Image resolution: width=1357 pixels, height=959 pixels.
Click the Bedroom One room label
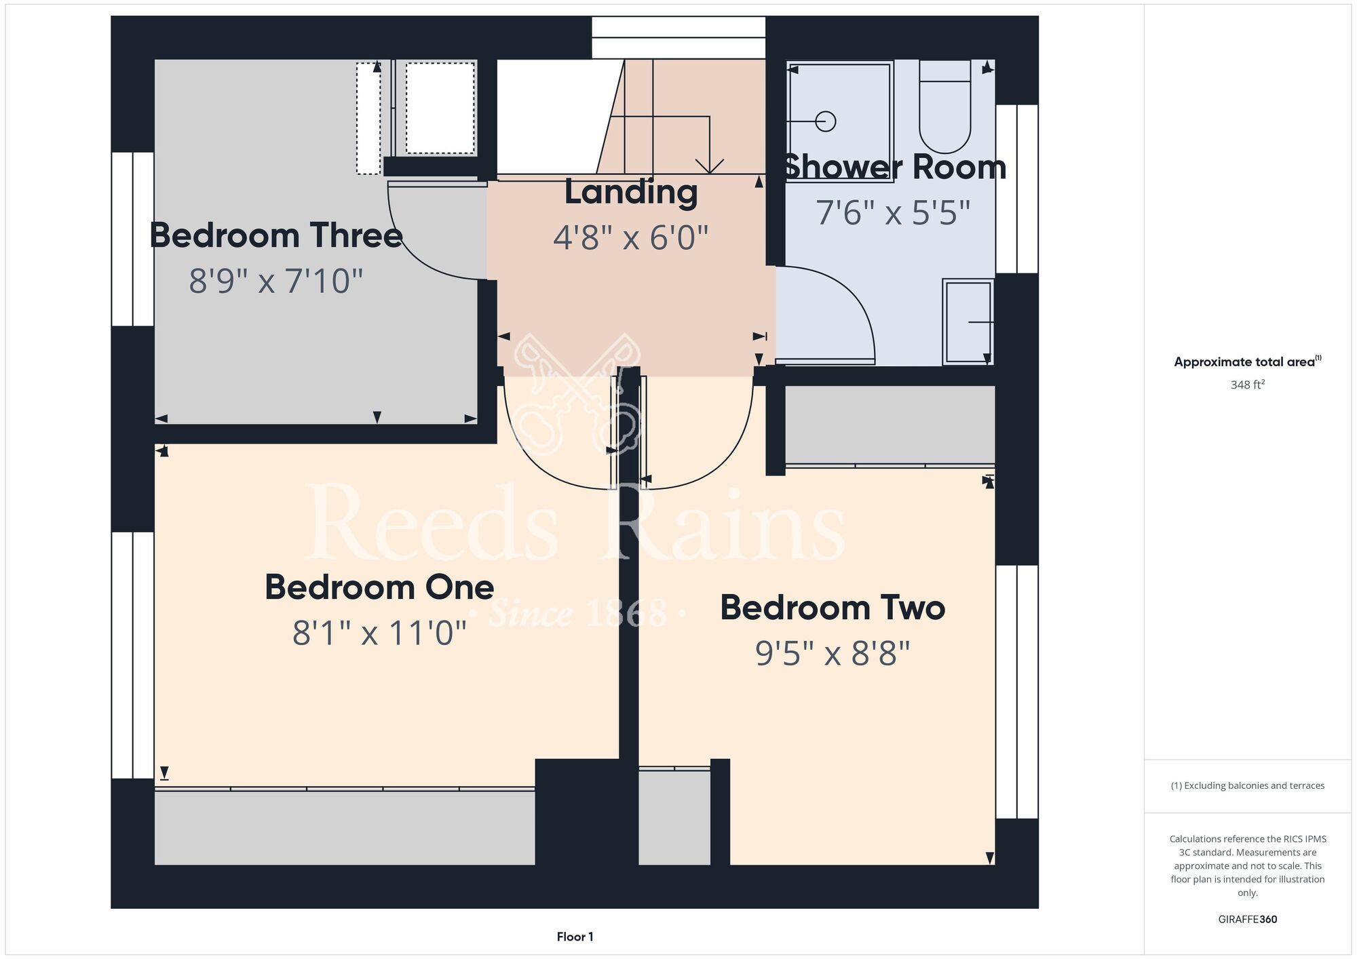pyautogui.click(x=379, y=587)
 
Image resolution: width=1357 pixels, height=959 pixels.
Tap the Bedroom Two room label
pyautogui.click(x=833, y=608)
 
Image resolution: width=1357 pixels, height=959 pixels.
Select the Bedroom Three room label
pyautogui.click(x=276, y=235)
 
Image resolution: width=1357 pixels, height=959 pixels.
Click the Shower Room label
pyautogui.click(x=895, y=168)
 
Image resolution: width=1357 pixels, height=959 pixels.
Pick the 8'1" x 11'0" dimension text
pyautogui.click(x=379, y=633)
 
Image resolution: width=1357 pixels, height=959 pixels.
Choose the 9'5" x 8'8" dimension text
pyautogui.click(x=833, y=654)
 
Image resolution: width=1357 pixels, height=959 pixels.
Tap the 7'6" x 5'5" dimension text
pyautogui.click(x=893, y=213)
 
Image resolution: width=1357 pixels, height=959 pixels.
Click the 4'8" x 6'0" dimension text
pyautogui.click(x=631, y=238)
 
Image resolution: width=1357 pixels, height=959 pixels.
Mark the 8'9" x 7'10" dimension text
pyautogui.click(x=276, y=281)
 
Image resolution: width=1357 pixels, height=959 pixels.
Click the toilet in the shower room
pyautogui.click(x=944, y=106)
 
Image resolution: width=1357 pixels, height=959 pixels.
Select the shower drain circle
pyautogui.click(x=826, y=122)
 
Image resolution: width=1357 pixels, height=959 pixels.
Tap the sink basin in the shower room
pyautogui.click(x=968, y=322)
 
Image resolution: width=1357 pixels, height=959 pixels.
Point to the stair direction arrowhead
pyautogui.click(x=710, y=166)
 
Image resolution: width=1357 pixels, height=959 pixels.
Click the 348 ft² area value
pyautogui.click(x=1248, y=385)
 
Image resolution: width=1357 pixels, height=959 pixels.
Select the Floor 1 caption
pyautogui.click(x=575, y=937)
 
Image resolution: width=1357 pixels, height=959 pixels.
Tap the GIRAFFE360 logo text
pyautogui.click(x=1248, y=920)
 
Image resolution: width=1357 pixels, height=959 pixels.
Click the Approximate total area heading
pyautogui.click(x=1248, y=361)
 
